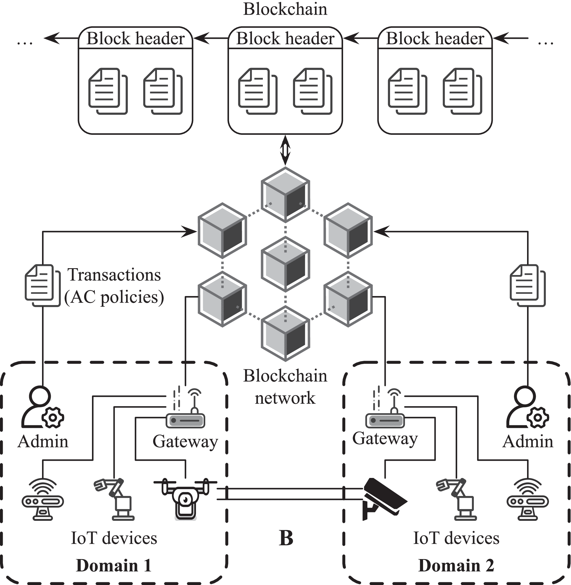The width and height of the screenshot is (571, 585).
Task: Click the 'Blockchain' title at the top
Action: pos(285,9)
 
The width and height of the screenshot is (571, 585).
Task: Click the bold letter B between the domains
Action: pos(286,538)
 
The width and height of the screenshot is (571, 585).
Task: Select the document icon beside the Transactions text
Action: pos(42,285)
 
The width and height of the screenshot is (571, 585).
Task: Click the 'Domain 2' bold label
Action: pos(456,566)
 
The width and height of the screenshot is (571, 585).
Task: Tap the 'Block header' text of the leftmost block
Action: pos(136,39)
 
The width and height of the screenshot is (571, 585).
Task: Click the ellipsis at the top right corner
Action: pos(546,43)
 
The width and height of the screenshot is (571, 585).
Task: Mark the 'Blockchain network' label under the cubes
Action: pos(285,387)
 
